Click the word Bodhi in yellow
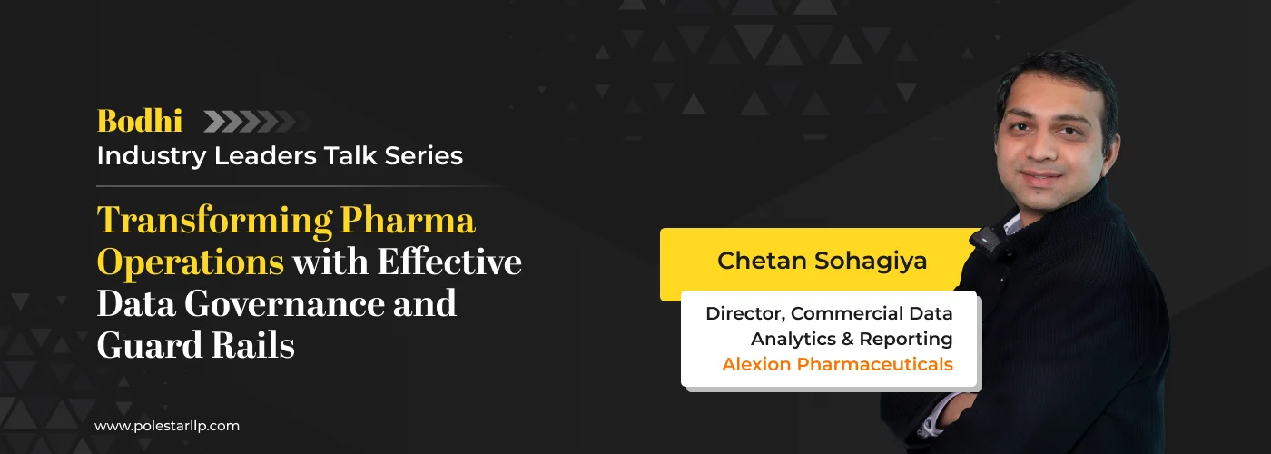[140, 121]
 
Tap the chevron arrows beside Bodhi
[250, 121]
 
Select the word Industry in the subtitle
[151, 155]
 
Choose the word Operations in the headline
[190, 262]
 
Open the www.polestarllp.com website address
[167, 425]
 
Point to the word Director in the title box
[744, 314]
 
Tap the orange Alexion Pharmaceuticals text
[837, 365]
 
